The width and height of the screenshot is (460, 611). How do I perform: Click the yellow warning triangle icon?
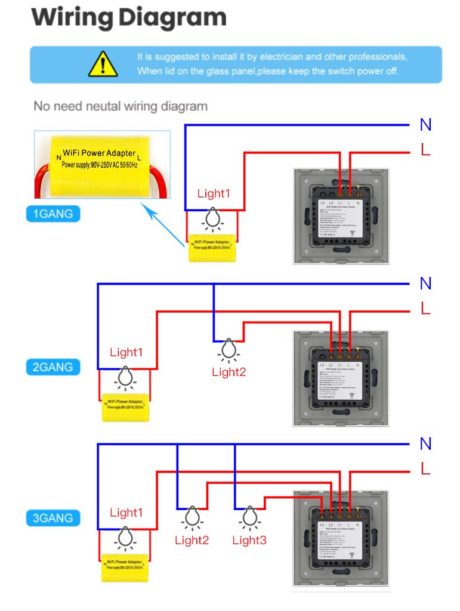tap(102, 64)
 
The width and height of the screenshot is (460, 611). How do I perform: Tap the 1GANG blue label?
tap(53, 213)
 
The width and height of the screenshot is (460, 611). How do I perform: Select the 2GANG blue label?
tap(53, 366)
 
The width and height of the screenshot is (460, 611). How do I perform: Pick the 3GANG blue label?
tap(53, 518)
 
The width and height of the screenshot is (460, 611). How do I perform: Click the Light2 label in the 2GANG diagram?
tap(229, 372)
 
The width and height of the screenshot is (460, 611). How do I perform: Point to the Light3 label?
tap(249, 541)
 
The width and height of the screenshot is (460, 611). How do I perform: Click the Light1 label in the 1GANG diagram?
tap(214, 193)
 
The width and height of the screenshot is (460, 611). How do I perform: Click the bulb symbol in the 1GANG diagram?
tap(212, 220)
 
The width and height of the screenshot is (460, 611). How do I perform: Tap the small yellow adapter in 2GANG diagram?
tap(125, 407)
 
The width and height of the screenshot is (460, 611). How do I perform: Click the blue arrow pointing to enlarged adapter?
tap(163, 225)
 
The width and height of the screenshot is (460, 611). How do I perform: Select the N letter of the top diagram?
tap(425, 125)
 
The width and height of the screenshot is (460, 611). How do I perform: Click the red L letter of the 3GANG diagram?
tap(425, 469)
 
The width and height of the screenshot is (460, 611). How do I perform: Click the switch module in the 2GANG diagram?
tap(340, 378)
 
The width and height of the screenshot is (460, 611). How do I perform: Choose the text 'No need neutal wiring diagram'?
tap(121, 107)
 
